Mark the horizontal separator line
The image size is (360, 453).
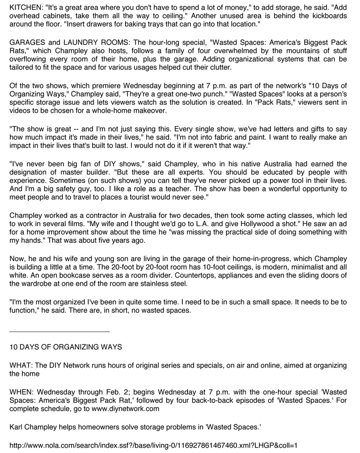60,331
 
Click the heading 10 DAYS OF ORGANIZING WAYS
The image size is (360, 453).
66,347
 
